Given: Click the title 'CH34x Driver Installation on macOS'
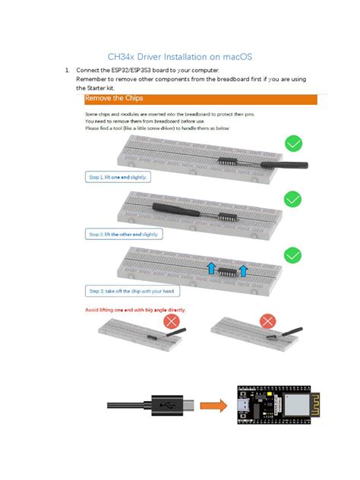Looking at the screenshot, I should pos(180,56).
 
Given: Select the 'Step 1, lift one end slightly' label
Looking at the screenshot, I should pos(117,177).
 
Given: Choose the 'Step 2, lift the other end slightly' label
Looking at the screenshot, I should pos(125,234).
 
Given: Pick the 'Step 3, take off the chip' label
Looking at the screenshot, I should pos(136,291).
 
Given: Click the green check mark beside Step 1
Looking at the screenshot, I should pos(293,144).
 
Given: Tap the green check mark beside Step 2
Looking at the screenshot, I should pos(293,199).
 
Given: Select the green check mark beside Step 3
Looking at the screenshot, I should pos(293,257).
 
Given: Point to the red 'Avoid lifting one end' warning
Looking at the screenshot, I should pos(134,310).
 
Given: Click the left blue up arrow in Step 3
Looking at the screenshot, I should pos(211,267).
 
